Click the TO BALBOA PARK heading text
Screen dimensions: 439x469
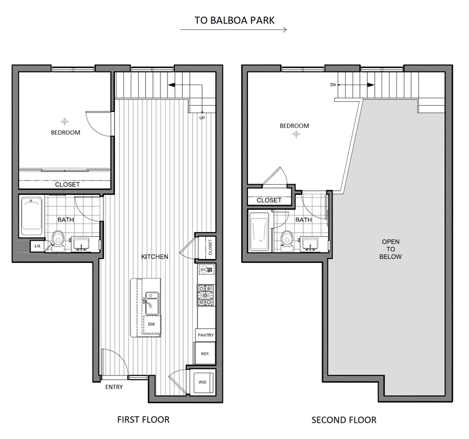point(234,21)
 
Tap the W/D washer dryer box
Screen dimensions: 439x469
point(202,382)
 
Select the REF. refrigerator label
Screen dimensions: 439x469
point(206,354)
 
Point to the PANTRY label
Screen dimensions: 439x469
point(206,335)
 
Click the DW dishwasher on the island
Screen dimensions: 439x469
point(151,324)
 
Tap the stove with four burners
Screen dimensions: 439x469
point(205,295)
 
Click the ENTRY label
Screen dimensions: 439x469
point(114,387)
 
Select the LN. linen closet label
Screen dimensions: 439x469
point(38,246)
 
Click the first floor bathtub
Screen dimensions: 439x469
point(31,216)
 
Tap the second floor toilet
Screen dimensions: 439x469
point(287,238)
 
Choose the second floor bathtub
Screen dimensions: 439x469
point(260,231)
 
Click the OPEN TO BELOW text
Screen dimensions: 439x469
point(391,249)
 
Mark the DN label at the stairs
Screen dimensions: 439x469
point(333,85)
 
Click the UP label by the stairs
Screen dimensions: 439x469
point(202,118)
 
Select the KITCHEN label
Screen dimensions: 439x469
point(155,257)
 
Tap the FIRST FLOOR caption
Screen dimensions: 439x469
point(143,420)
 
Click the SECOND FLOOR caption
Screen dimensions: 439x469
point(344,420)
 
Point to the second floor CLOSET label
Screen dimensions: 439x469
point(269,200)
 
